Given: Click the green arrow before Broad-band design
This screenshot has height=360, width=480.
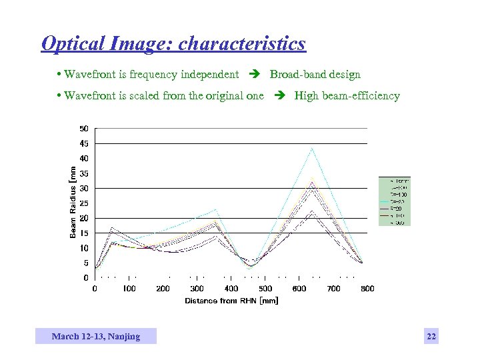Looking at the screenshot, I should coord(255,75).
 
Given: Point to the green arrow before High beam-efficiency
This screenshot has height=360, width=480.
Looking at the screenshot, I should coord(279,96).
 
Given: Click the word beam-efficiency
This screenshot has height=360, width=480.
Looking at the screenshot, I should coord(364,96).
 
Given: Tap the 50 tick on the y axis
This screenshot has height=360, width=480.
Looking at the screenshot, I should coord(85,128).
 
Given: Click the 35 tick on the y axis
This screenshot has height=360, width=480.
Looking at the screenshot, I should coord(85,173).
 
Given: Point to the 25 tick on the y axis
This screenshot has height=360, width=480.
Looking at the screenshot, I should coord(85,203).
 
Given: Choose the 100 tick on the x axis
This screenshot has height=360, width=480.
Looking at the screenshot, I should coord(129,289).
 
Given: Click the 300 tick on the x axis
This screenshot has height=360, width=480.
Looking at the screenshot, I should coord(197,289).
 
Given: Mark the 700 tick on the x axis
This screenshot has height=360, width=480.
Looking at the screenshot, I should coord(334,289).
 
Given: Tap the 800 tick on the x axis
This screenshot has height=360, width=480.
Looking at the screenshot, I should coord(367,289).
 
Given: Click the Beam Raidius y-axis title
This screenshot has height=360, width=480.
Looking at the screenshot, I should coord(73,203).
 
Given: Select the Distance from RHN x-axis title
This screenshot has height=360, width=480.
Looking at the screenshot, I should coord(231,301).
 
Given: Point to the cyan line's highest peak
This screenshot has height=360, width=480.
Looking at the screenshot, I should coord(311,148).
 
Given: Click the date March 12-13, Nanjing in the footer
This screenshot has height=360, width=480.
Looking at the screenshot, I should coord(96,337).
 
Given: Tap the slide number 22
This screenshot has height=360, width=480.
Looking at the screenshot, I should coord(431,337).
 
